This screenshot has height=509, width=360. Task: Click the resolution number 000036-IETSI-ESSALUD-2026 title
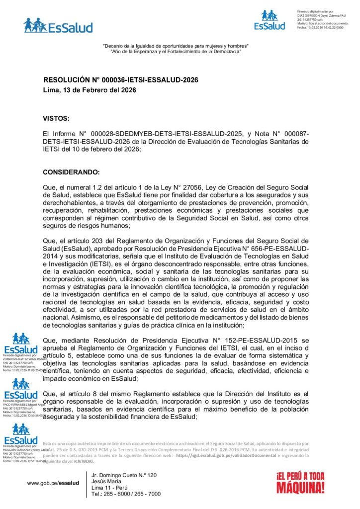[x=121, y=80]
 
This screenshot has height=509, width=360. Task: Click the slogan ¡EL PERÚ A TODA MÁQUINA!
[x=300, y=482]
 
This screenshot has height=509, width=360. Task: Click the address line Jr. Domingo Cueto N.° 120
[x=124, y=476]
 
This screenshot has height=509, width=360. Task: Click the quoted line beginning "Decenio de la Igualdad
[x=176, y=46]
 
